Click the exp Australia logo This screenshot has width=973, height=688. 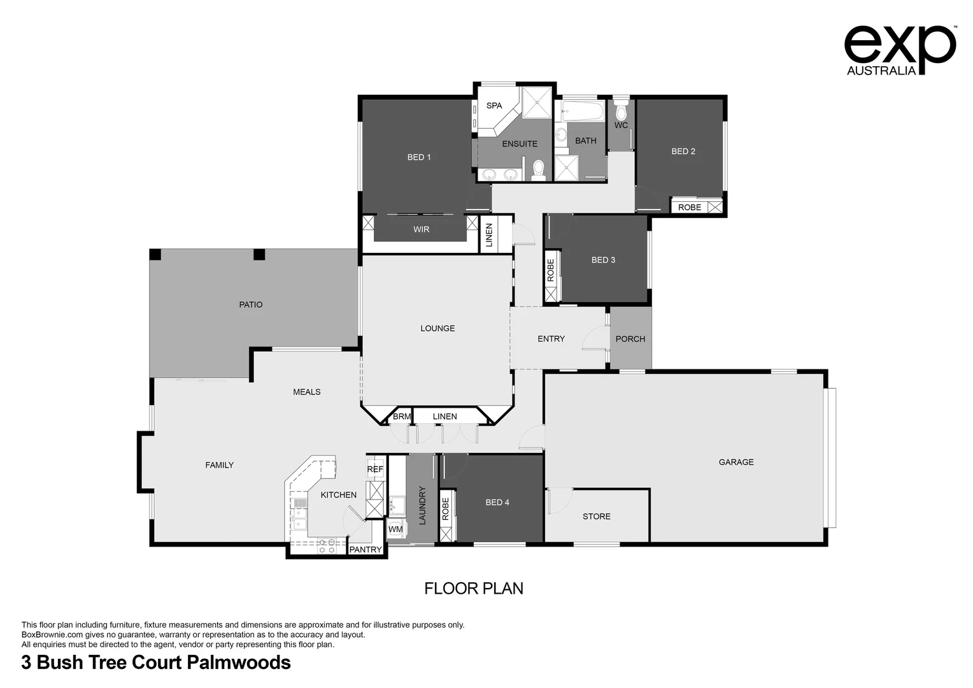[x=899, y=50]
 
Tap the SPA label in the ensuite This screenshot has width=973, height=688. [x=494, y=106]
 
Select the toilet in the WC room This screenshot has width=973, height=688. [x=621, y=110]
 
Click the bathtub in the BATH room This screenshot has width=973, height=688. [x=582, y=113]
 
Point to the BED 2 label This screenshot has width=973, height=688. [x=683, y=152]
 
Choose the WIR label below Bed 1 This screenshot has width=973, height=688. [x=421, y=229]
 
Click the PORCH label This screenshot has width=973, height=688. [x=630, y=339]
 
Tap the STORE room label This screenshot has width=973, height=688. [x=596, y=517]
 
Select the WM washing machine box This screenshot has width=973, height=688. [x=395, y=529]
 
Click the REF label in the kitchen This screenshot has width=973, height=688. [x=375, y=469]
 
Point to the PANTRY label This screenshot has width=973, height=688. [x=366, y=550]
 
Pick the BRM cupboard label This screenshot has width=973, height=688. [x=401, y=417]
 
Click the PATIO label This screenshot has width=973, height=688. [x=250, y=305]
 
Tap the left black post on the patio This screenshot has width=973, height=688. [x=155, y=255]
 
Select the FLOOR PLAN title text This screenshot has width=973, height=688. [x=474, y=589]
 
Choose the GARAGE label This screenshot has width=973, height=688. [x=735, y=462]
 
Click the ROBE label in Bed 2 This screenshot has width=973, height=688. [x=689, y=208]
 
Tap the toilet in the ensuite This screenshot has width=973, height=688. [x=539, y=169]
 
